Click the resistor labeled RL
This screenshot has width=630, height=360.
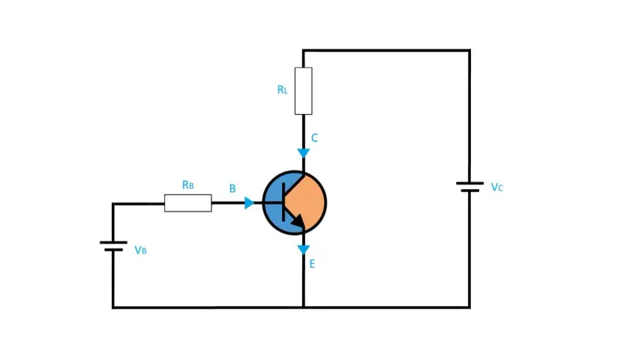[x=303, y=91]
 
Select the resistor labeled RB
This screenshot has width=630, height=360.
[x=188, y=203]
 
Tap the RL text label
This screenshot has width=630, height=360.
[x=283, y=89]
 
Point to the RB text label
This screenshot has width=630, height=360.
[x=188, y=184]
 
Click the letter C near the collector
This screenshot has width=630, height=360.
[x=314, y=138]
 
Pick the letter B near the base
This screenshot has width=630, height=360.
[x=232, y=188]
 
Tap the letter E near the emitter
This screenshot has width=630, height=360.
[x=312, y=264]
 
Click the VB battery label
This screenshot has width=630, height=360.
[x=140, y=250]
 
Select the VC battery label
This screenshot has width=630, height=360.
[x=497, y=187]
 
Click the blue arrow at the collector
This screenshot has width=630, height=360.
[x=303, y=153]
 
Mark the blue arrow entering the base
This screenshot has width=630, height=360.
[x=249, y=203]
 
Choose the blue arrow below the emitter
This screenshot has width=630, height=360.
[x=303, y=250]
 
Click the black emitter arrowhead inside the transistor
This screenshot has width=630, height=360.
[x=298, y=220]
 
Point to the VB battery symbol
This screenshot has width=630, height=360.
[x=113, y=246]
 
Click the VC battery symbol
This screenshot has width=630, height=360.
[x=469, y=187]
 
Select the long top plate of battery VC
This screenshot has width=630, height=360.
[x=469, y=183]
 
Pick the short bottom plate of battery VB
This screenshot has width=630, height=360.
[x=113, y=250]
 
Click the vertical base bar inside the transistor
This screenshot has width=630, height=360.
[x=283, y=202]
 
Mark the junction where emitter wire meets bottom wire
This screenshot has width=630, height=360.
[x=303, y=307]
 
